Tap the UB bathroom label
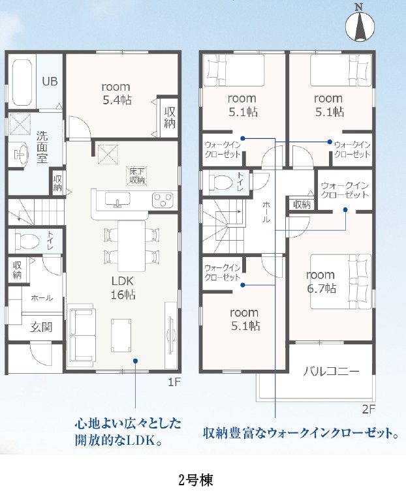click(50, 82)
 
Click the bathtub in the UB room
click(22, 82)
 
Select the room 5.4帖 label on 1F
click(116, 93)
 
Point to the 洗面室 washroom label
click(42, 147)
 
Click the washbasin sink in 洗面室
click(18, 154)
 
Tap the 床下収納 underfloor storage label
click(137, 176)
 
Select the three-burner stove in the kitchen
click(163, 200)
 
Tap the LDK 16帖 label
click(123, 288)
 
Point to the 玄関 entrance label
click(41, 327)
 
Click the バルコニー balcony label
click(331, 371)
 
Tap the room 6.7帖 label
click(321, 282)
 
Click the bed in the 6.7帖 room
click(340, 282)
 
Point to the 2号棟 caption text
click(196, 480)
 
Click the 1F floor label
click(174, 382)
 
